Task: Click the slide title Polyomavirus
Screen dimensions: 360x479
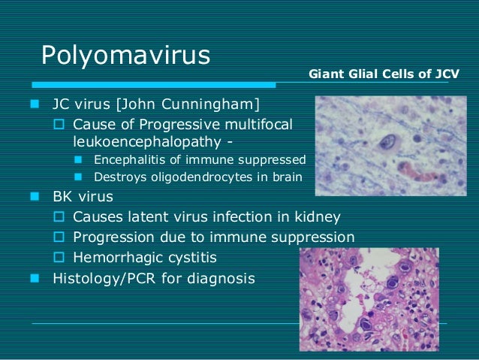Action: (x=125, y=56)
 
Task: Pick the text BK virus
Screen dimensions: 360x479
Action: (x=83, y=198)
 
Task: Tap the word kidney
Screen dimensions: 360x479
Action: (x=316, y=218)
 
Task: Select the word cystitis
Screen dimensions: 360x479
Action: (x=191, y=258)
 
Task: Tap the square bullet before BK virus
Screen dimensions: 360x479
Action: (x=34, y=198)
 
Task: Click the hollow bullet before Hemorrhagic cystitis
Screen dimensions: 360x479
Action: (x=62, y=258)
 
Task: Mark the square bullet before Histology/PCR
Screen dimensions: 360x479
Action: (x=34, y=278)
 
